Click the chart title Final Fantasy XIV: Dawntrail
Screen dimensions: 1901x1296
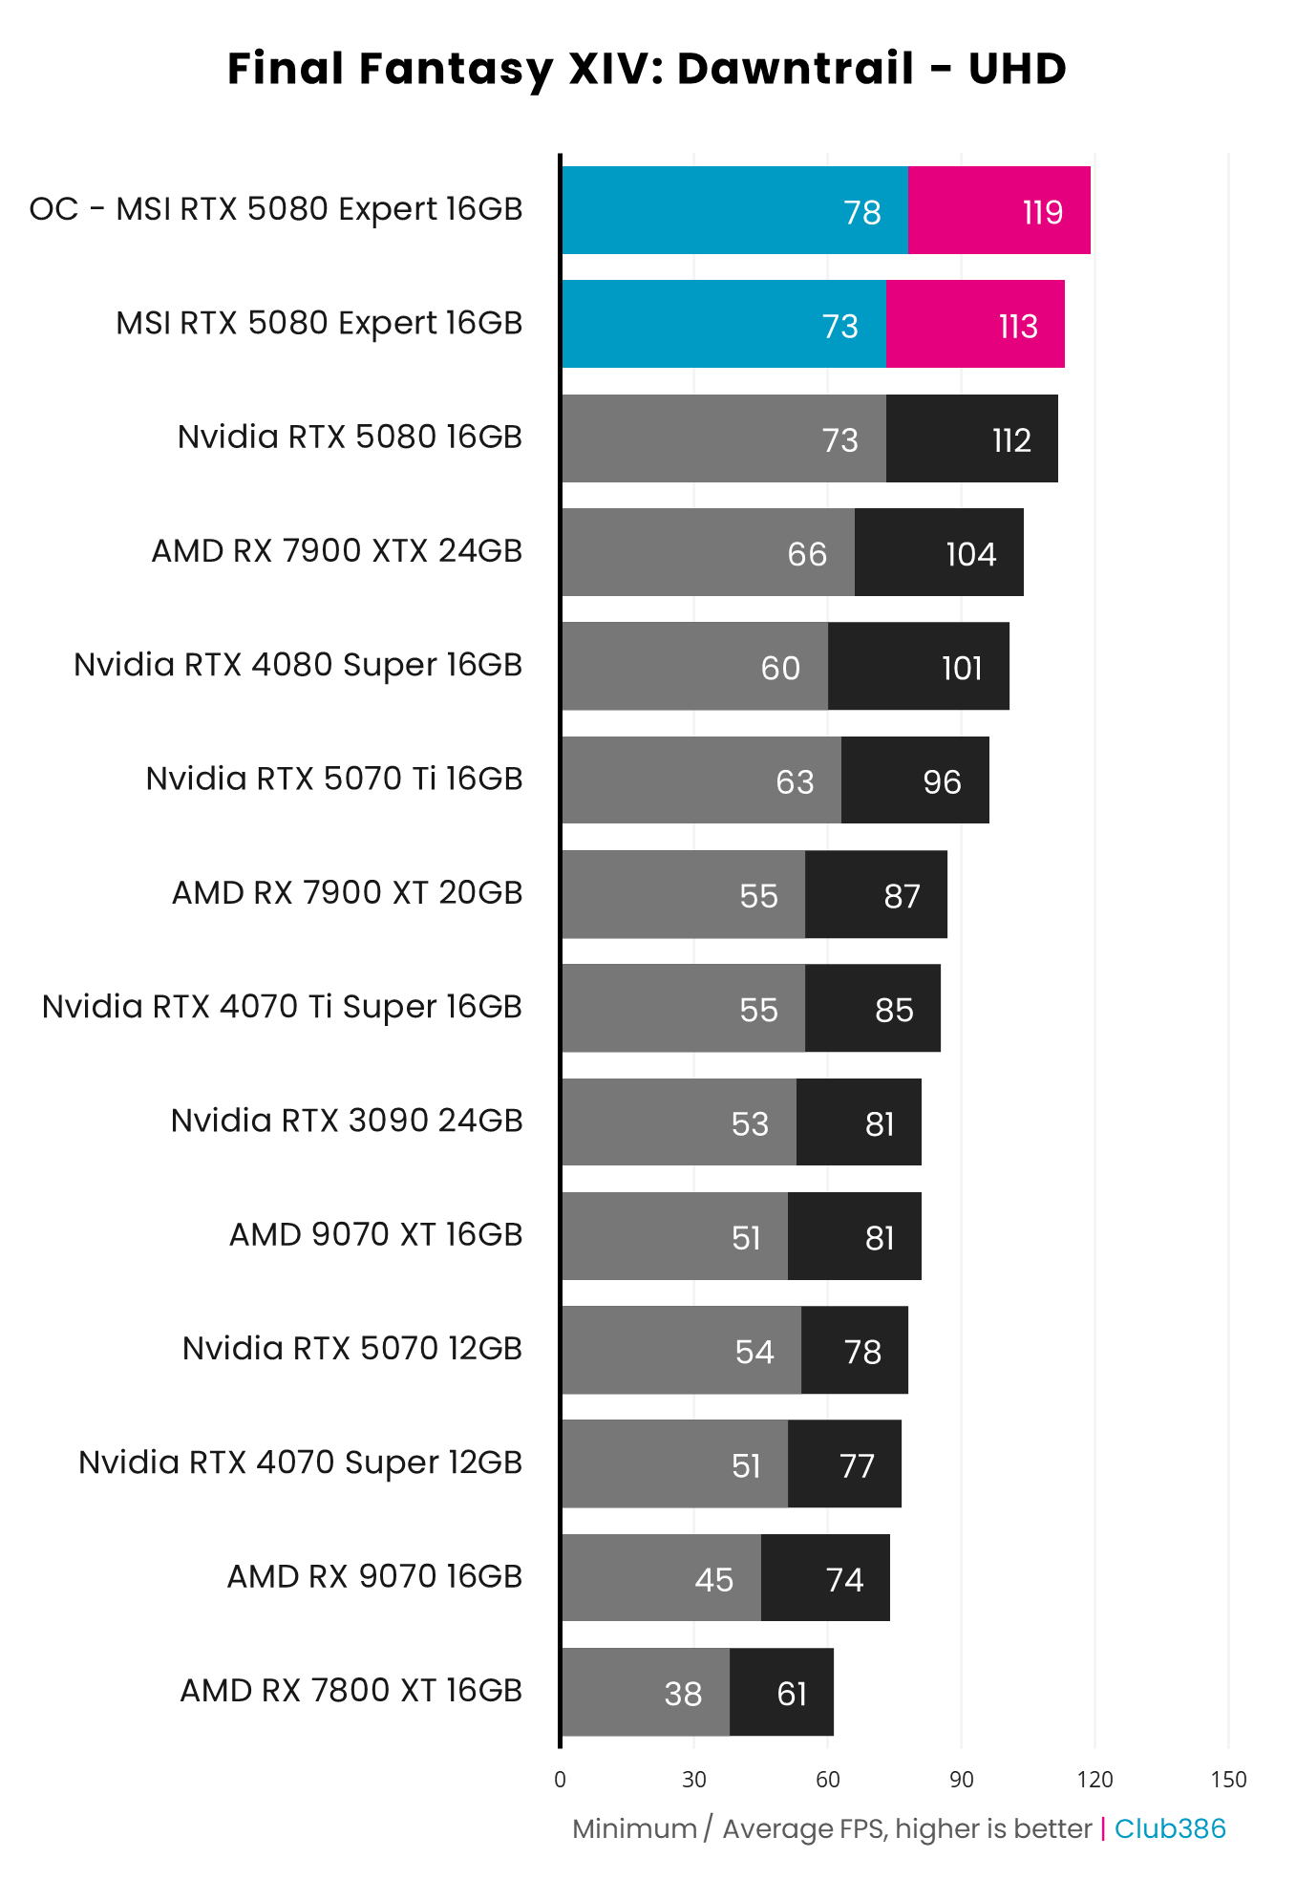click(647, 69)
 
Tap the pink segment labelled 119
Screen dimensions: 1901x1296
click(999, 210)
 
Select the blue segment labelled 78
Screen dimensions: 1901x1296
click(734, 210)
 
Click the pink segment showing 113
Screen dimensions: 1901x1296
click(975, 325)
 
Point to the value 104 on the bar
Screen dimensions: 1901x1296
click(970, 554)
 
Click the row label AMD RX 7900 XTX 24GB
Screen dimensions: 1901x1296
click(336, 551)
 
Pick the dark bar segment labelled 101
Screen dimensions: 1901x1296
click(918, 667)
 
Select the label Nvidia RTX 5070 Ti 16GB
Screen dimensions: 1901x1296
click(333, 779)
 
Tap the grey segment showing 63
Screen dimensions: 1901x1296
click(701, 780)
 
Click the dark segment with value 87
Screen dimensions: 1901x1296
click(876, 895)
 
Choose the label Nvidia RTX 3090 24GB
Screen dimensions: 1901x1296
click(346, 1121)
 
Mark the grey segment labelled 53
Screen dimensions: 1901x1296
click(679, 1122)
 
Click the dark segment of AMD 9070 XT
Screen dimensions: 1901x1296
click(854, 1236)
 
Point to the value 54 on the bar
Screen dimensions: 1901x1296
click(754, 1352)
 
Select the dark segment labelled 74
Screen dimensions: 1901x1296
click(825, 1578)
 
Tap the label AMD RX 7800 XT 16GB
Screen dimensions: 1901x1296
click(351, 1691)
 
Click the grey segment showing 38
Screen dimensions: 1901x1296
click(646, 1693)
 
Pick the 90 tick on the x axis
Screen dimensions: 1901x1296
click(961, 1780)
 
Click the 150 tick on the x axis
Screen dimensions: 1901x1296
click(1228, 1780)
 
